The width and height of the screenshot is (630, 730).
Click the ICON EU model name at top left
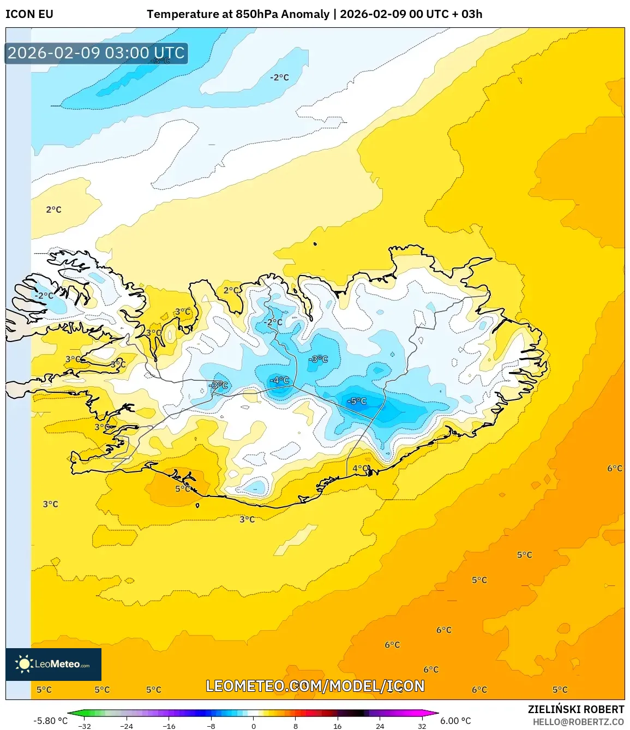pos(29,14)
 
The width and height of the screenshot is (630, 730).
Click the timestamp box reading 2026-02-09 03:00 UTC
pos(96,53)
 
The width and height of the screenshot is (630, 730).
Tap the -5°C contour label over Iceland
pos(357,402)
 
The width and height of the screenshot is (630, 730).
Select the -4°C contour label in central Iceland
pos(280,380)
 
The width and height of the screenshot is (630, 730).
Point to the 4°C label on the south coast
pos(360,469)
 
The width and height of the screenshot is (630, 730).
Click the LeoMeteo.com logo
pos(53,664)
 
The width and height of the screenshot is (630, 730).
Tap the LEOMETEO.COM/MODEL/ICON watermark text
pos(315,686)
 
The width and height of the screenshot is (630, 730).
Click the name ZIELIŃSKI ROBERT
pos(575,709)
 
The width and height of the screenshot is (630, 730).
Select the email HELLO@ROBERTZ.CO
pos(578,722)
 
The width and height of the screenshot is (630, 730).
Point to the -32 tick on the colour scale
pos(85,726)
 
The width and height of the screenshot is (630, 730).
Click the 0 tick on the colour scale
pos(254,726)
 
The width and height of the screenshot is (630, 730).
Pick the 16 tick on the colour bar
pos(338,726)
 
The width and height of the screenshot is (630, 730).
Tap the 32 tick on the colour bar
pos(422,726)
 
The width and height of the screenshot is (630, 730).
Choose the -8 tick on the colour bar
pos(211,726)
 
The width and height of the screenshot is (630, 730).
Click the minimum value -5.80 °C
pos(50,721)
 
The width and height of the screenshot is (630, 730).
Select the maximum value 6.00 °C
pos(455,721)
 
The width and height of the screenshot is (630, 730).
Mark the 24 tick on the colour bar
pos(380,726)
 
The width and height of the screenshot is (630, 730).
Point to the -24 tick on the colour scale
pos(127,726)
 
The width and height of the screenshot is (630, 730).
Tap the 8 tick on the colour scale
pos(296,726)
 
